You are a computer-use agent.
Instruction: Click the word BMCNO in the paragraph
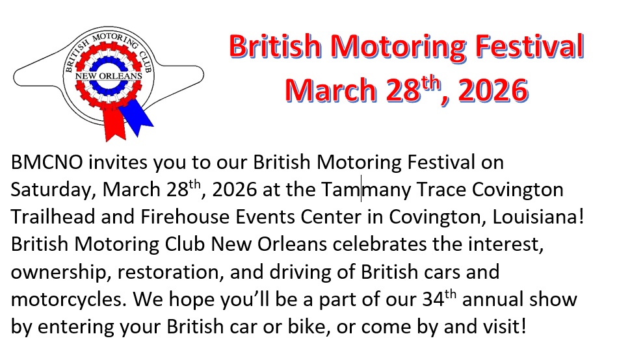point(47,162)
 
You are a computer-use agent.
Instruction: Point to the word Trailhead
point(53,216)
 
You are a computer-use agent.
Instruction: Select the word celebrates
point(380,244)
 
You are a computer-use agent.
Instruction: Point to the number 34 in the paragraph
point(433,300)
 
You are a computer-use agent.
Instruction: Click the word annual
point(493,300)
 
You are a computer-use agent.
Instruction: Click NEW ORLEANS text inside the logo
point(109,76)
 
